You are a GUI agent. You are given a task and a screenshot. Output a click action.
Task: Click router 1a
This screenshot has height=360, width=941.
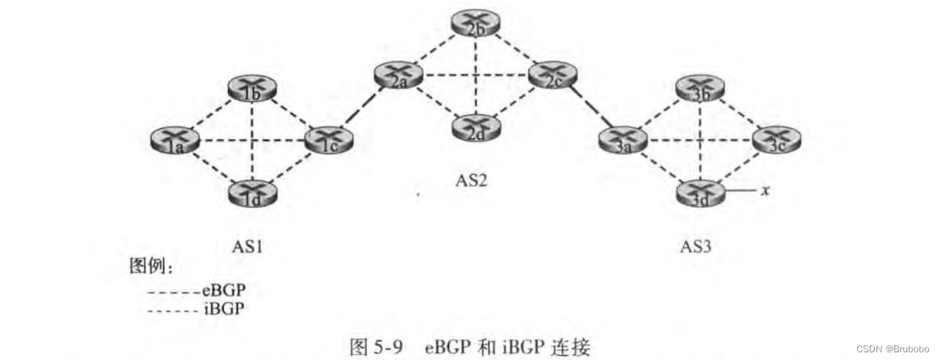(176, 140)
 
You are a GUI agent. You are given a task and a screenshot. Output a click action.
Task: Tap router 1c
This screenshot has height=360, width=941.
(329, 140)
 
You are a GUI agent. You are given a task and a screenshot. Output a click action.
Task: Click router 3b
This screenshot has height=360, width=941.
(700, 90)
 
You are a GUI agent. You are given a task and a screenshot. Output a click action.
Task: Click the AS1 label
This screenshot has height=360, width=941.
(250, 247)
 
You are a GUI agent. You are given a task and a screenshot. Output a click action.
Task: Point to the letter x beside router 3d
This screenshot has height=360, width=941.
(764, 191)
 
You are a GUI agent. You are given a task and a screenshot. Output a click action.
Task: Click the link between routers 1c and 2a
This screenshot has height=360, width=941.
(363, 107)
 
